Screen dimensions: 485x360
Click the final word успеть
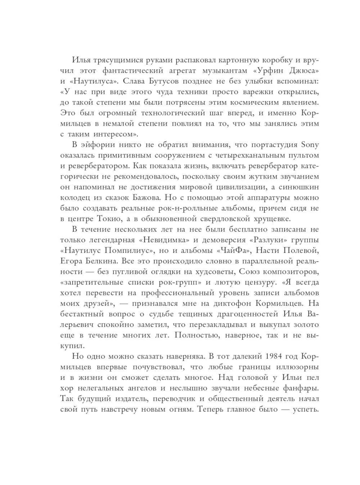[306, 409]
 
